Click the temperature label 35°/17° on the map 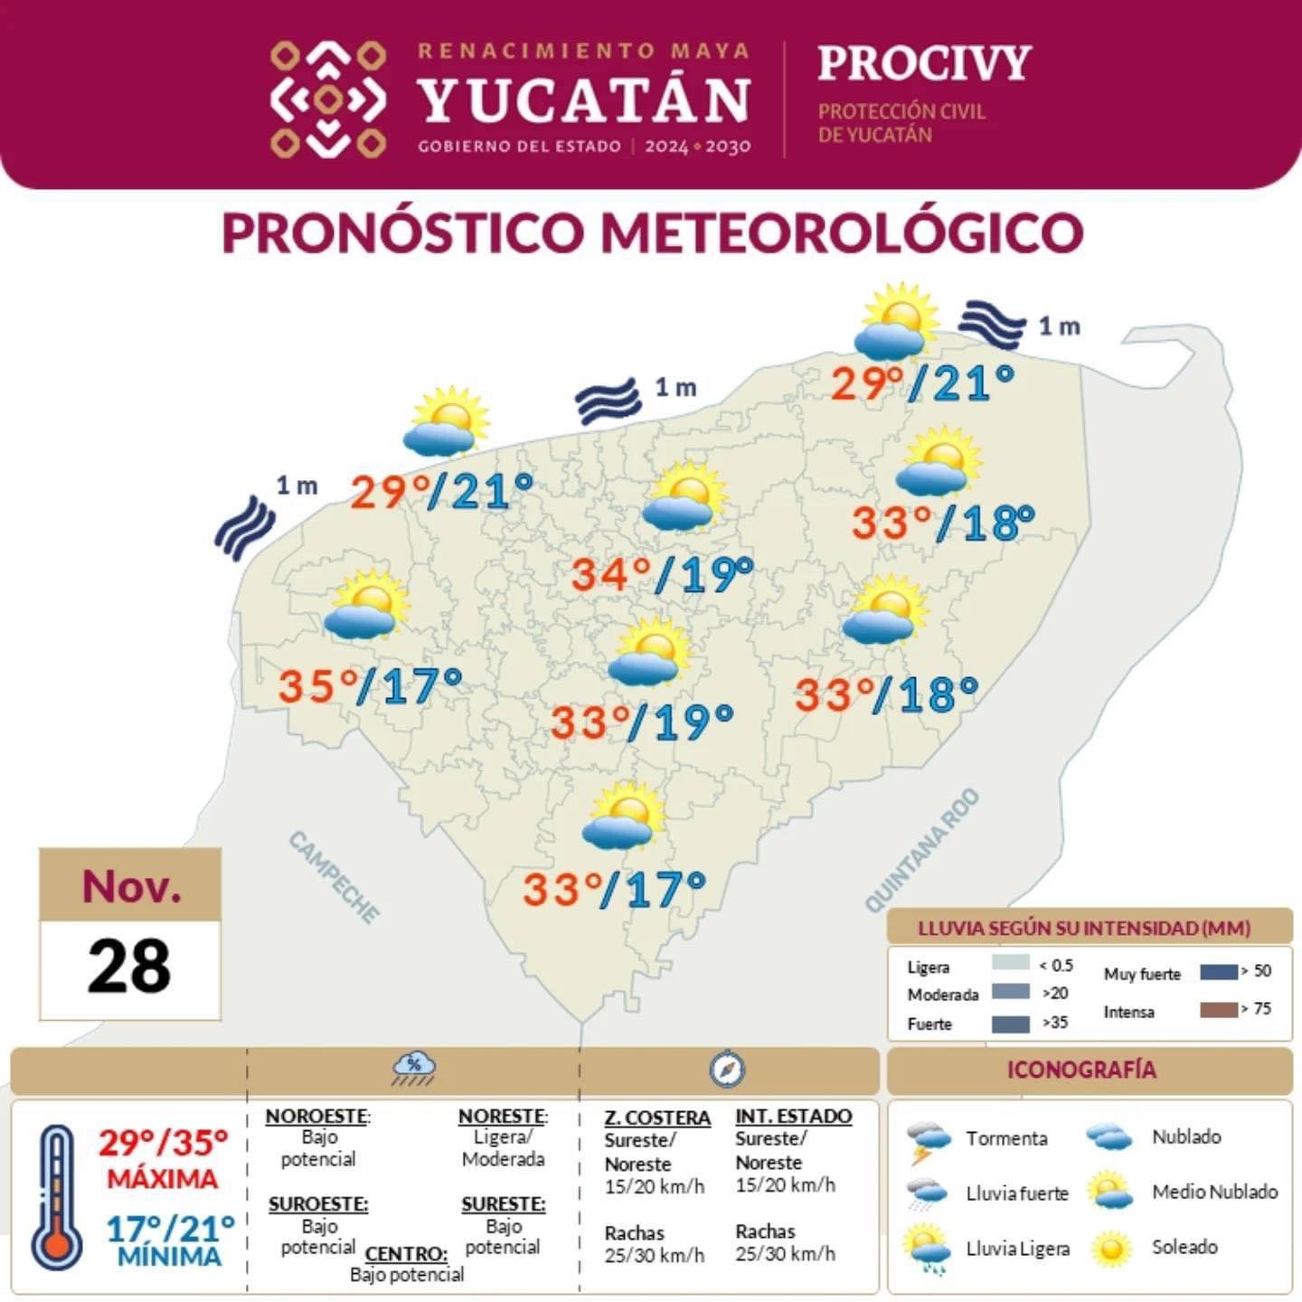[370, 686]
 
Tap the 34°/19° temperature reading [662, 574]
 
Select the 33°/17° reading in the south [614, 889]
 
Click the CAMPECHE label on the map [335, 878]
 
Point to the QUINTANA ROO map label [922, 850]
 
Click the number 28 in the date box [129, 966]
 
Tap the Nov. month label [131, 886]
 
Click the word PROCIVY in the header [924, 63]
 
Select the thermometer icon [57, 1197]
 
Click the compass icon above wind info [727, 1070]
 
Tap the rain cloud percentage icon [413, 1070]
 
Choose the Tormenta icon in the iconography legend [929, 1141]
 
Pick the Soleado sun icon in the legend [1111, 1249]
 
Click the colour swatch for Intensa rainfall [1218, 1010]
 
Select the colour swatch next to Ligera [1010, 963]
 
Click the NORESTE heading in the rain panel [502, 1117]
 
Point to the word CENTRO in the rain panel [406, 1254]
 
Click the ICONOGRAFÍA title [1081, 1070]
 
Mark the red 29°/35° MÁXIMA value [164, 1144]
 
